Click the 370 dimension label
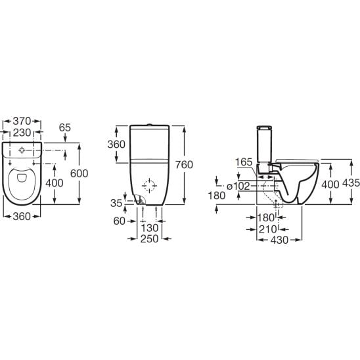(22, 121)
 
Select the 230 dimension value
(22, 133)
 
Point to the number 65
(65, 127)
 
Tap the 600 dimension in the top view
(79, 173)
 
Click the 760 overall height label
(184, 165)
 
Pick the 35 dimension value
(116, 203)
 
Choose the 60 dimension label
(119, 221)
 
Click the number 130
(150, 228)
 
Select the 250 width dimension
(150, 238)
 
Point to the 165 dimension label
(244, 162)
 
